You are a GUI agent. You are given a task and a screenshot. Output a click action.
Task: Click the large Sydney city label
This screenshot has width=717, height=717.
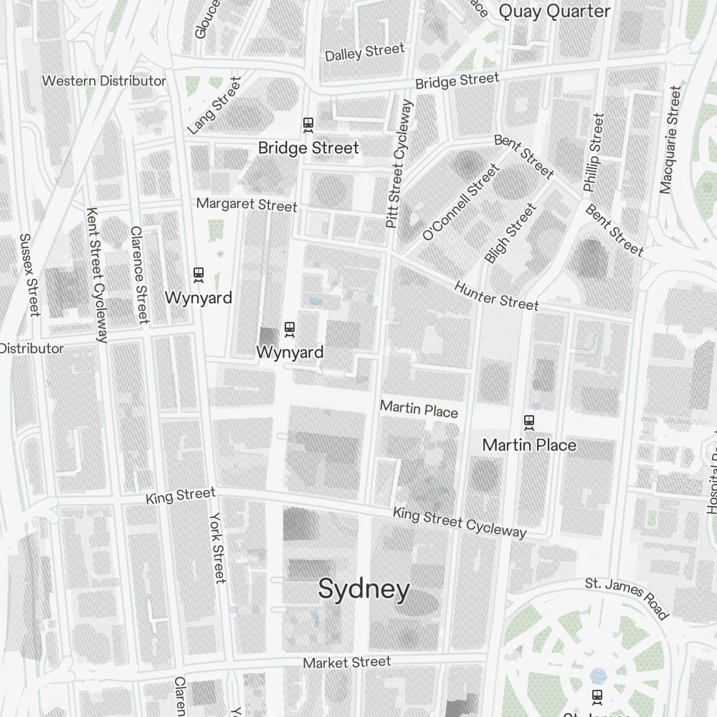click(364, 589)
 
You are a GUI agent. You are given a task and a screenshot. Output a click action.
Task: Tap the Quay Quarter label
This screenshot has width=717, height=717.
click(554, 11)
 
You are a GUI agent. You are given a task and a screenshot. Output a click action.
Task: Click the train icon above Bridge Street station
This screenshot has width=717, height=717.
click(308, 125)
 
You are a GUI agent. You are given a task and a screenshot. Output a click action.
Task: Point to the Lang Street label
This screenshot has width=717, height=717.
click(214, 105)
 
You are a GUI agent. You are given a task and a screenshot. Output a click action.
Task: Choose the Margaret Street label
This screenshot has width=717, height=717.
click(247, 204)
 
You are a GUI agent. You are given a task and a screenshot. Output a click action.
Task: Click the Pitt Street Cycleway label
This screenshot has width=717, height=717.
click(399, 163)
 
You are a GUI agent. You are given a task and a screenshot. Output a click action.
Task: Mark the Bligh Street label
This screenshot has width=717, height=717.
click(510, 232)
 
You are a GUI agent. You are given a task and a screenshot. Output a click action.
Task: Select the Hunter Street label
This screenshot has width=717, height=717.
click(496, 296)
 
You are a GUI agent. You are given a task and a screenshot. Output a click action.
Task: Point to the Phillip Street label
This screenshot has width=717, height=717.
click(594, 152)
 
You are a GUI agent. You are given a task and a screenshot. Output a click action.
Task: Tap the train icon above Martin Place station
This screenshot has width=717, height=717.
click(529, 423)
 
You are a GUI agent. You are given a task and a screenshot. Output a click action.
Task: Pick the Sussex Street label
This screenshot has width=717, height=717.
click(29, 275)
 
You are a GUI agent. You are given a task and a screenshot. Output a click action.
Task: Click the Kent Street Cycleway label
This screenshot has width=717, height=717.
click(97, 275)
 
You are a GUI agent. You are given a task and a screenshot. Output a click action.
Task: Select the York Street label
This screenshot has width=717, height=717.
click(217, 547)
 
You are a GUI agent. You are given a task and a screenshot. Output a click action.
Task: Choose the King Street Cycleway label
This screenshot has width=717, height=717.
click(460, 522)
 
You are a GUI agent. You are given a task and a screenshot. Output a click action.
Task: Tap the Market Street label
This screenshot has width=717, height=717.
click(347, 663)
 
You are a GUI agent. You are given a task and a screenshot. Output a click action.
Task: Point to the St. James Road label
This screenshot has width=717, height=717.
click(627, 598)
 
